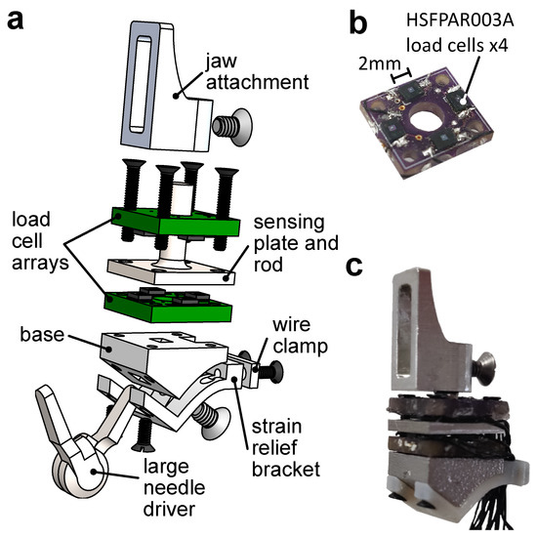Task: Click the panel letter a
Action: [x=18, y=20]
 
